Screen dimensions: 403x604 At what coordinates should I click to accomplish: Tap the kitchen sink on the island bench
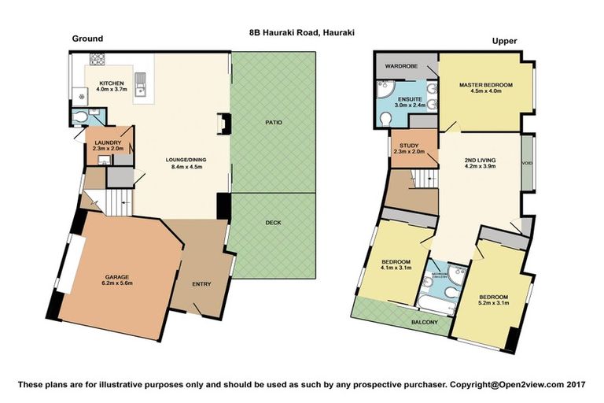coord(142,79)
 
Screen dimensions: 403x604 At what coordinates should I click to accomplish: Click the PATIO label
coord(273,123)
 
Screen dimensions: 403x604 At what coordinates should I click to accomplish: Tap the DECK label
coord(273,223)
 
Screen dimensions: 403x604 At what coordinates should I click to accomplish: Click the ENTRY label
coord(202,284)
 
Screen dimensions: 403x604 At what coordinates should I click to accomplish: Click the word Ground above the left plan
coord(87,39)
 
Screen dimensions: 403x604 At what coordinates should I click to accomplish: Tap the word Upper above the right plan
coord(503,40)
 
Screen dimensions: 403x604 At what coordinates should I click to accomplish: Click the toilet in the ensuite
coord(385,119)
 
